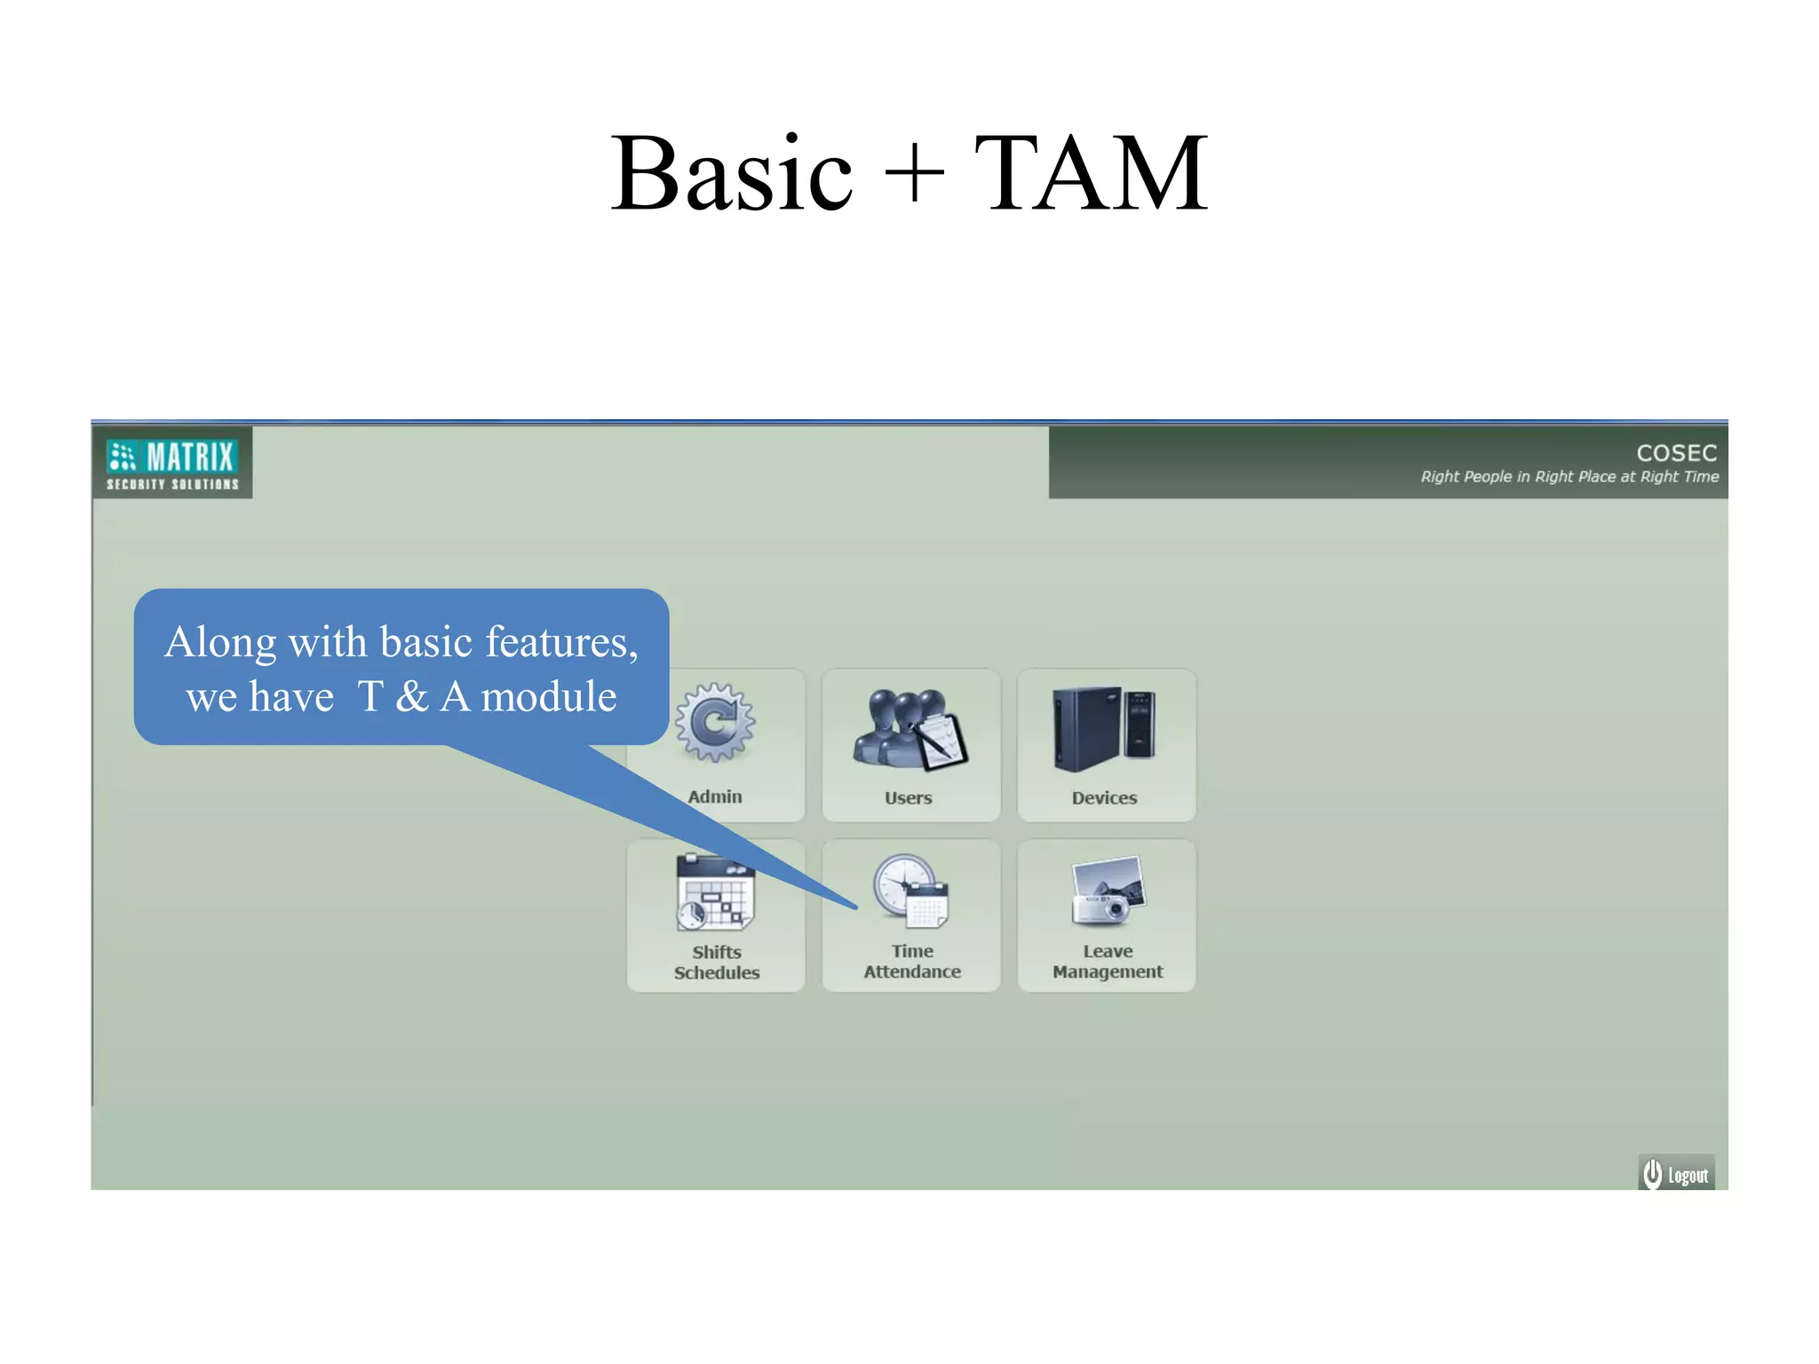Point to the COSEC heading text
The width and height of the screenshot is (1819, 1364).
pyautogui.click(x=1676, y=453)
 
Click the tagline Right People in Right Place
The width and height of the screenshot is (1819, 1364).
pyautogui.click(x=1569, y=477)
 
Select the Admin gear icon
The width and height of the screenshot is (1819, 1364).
pyautogui.click(x=716, y=722)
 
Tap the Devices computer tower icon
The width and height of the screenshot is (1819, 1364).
pyautogui.click(x=1104, y=727)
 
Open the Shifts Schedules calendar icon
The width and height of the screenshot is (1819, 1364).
pyautogui.click(x=715, y=892)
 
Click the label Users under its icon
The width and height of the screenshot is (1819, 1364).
pyautogui.click(x=908, y=797)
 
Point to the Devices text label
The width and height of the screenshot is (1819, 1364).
pyautogui.click(x=1104, y=797)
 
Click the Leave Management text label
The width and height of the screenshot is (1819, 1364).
pyautogui.click(x=1108, y=962)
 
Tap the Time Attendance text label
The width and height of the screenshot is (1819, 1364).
pyautogui.click(x=912, y=962)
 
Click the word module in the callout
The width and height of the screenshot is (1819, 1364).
pyautogui.click(x=548, y=697)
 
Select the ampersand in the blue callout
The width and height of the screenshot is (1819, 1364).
pyautogui.click(x=411, y=697)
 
